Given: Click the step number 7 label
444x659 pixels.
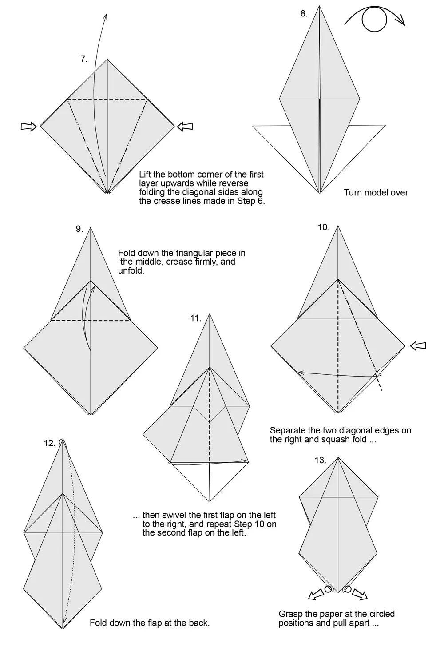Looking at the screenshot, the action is (84, 59).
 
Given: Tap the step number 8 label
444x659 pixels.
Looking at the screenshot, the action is (304, 14).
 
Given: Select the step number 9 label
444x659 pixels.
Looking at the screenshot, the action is (79, 229).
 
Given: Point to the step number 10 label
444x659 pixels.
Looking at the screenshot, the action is (323, 227).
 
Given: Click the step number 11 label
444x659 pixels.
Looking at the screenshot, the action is (196, 318).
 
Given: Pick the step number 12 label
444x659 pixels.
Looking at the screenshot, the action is (50, 443).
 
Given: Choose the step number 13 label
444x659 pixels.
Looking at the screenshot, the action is (321, 460).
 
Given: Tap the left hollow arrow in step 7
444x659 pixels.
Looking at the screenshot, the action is (29, 127).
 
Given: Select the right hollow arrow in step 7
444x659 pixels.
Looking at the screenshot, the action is (185, 126).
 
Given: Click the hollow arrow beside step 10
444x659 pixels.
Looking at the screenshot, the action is (418, 345).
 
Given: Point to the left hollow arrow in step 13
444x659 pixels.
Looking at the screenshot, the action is (316, 594).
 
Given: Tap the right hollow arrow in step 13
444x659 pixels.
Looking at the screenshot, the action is (359, 594).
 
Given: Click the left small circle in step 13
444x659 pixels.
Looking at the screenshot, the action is (329, 589).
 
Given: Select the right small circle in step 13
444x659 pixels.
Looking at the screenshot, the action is (348, 589).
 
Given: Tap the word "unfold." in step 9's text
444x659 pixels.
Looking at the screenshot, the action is (131, 270).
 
